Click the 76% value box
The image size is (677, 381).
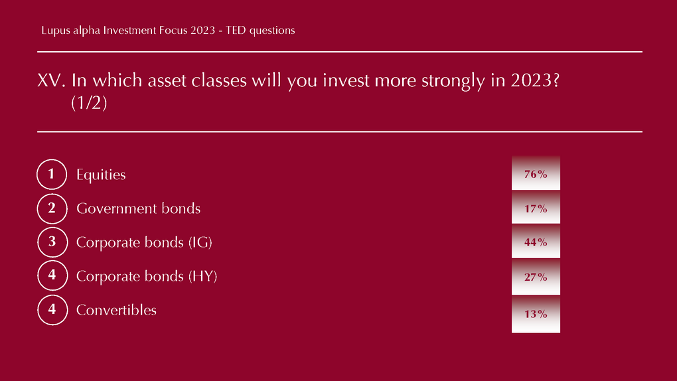point(536,173)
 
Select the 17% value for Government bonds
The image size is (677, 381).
point(536,208)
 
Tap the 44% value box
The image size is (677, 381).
point(536,242)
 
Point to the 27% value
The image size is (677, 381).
point(536,277)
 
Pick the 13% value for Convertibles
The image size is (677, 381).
point(536,314)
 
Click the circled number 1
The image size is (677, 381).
point(52,174)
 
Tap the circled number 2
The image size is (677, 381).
point(52,208)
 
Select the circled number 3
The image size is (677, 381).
point(52,242)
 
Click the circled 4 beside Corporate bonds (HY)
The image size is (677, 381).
point(52,275)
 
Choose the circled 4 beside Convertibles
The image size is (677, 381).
point(52,310)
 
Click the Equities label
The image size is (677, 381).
point(101,175)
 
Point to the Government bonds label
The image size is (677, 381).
point(138,208)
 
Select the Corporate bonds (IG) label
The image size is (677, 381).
point(144,242)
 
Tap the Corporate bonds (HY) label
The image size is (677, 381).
point(147,277)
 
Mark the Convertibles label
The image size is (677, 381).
point(116,310)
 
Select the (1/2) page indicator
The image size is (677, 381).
point(89,103)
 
